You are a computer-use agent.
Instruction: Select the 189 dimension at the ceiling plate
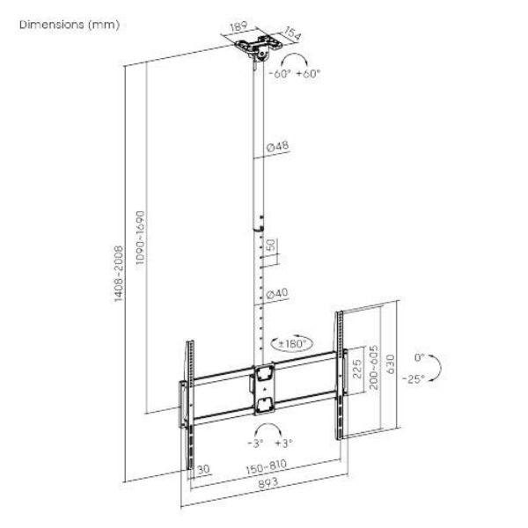tap(238, 28)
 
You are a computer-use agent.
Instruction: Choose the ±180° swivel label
tap(291, 341)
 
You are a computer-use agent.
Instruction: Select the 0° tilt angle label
tap(419, 358)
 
